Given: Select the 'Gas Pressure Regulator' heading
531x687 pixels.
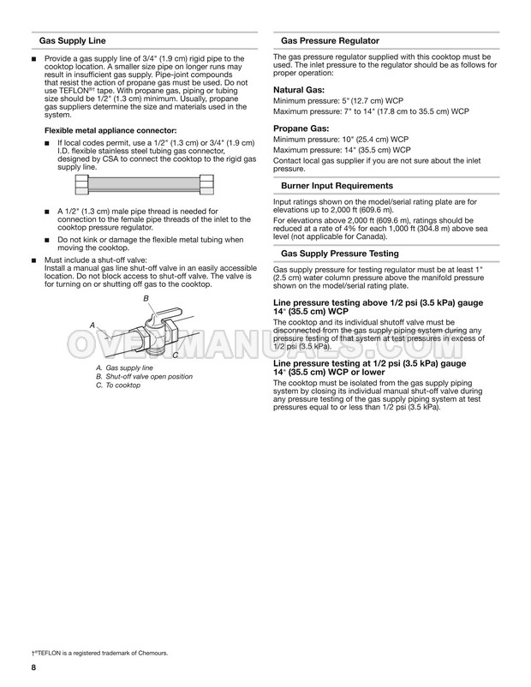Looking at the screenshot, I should tap(330, 41).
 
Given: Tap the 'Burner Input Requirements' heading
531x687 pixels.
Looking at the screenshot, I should tap(337, 186).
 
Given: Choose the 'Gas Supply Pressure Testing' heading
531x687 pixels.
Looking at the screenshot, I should tap(341, 254).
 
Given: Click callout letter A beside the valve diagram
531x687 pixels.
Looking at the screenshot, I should tap(92, 326).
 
